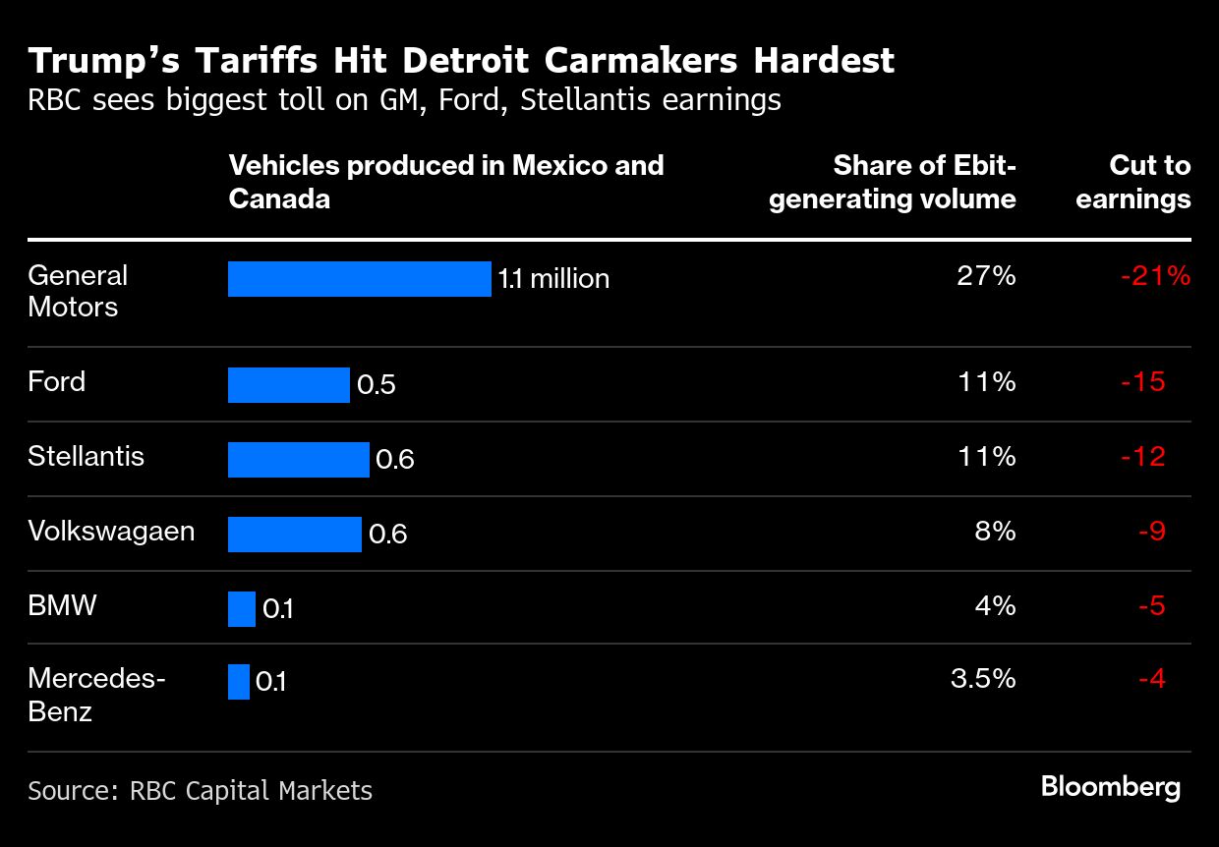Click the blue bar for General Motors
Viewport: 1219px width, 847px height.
pos(359,279)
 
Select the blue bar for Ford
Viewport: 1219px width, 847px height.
pos(288,384)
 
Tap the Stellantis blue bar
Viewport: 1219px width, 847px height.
pos(298,459)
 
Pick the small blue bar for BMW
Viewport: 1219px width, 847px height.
pos(241,609)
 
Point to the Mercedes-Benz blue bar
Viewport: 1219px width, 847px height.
pos(238,682)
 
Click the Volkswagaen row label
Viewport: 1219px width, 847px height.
pos(111,532)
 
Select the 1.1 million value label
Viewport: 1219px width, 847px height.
pos(553,279)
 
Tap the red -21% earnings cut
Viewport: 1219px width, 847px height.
pos(1155,277)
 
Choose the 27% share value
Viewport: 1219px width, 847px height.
pos(986,276)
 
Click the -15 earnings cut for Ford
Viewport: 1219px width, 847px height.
pos(1142,381)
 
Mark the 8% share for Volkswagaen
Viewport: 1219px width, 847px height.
pos(995,532)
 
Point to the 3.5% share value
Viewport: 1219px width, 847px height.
pos(983,679)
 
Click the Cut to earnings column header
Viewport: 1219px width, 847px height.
pos(1133,182)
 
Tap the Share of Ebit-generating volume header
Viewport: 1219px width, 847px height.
pos(893,182)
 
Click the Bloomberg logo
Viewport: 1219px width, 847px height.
pos(1111,787)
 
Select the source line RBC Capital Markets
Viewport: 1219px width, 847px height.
pos(200,790)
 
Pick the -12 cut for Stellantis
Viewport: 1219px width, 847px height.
pos(1142,456)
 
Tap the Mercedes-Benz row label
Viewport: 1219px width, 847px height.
pos(96,695)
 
